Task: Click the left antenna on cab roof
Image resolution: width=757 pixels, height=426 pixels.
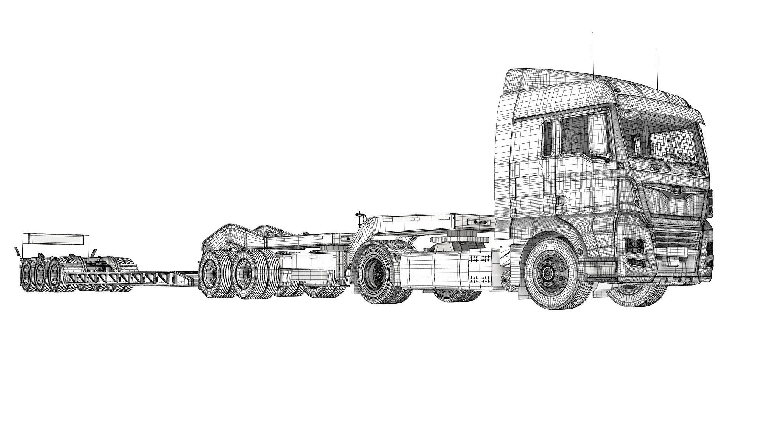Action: click(593, 53)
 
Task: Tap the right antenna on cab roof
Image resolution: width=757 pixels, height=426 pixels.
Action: click(657, 68)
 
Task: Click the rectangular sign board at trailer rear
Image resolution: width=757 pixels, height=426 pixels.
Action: click(56, 240)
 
